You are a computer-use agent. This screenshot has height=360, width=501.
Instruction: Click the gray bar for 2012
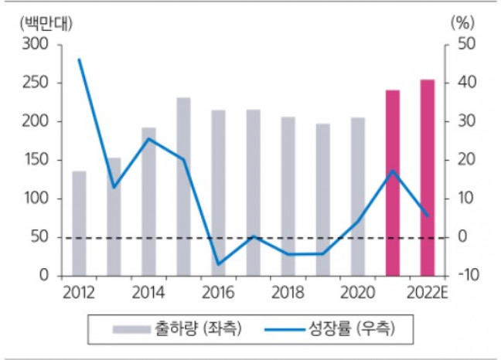79,223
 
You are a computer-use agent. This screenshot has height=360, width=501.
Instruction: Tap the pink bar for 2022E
428,177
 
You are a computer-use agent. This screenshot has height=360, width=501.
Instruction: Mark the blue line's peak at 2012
79,59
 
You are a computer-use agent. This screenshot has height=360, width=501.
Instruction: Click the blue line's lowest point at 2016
218,264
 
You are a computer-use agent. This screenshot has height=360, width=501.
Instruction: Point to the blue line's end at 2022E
428,215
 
